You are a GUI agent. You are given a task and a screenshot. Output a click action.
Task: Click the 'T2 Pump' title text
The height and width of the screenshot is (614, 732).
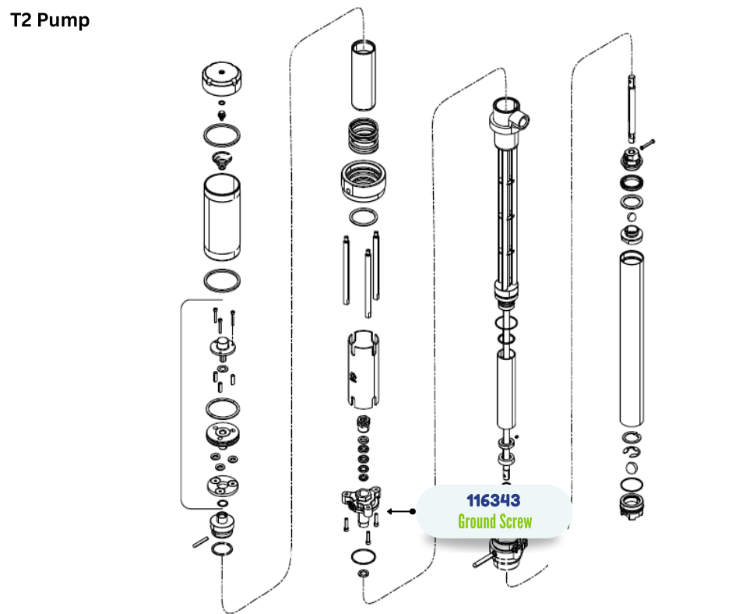point(50,20)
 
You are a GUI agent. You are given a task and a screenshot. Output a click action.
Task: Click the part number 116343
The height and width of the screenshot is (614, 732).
point(494,500)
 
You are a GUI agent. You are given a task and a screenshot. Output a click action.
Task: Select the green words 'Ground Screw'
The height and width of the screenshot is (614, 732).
point(494,521)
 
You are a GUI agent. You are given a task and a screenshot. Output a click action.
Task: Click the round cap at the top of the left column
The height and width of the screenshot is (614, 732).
point(222,79)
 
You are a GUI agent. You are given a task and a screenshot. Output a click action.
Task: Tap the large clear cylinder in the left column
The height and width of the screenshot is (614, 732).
point(222,217)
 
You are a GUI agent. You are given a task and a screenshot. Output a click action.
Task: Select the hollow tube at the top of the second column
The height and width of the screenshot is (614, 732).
point(363,76)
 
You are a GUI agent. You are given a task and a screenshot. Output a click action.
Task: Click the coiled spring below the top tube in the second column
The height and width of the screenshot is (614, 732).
point(364,136)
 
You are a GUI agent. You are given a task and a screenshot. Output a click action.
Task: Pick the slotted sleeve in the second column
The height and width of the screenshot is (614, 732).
point(363,369)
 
